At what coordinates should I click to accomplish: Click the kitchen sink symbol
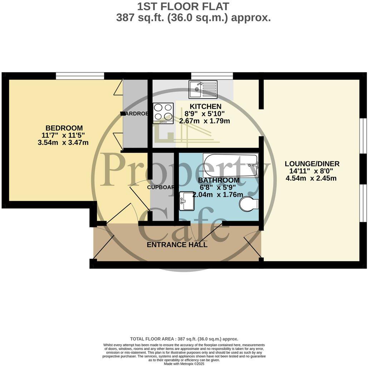click(x=203, y=89)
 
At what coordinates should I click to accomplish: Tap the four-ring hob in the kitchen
click(x=163, y=113)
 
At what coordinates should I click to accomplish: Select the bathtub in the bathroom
click(x=230, y=165)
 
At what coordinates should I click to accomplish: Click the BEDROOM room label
click(x=64, y=128)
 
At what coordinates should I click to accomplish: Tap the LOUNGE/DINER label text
click(x=312, y=164)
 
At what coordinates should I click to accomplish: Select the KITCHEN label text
click(x=205, y=106)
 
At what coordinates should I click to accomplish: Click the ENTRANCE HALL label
click(x=177, y=245)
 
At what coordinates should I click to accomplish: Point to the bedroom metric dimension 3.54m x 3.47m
click(x=63, y=142)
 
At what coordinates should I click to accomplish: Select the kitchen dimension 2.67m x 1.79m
click(x=205, y=121)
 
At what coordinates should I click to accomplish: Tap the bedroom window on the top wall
click(x=80, y=76)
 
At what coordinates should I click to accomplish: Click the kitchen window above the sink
click(x=212, y=76)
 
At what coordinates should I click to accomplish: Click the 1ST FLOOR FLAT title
click(x=183, y=6)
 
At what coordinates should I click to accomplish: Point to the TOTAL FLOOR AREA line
click(x=184, y=339)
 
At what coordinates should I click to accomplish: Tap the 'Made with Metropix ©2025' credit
click(x=184, y=363)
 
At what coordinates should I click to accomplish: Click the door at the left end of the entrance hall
click(x=103, y=247)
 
